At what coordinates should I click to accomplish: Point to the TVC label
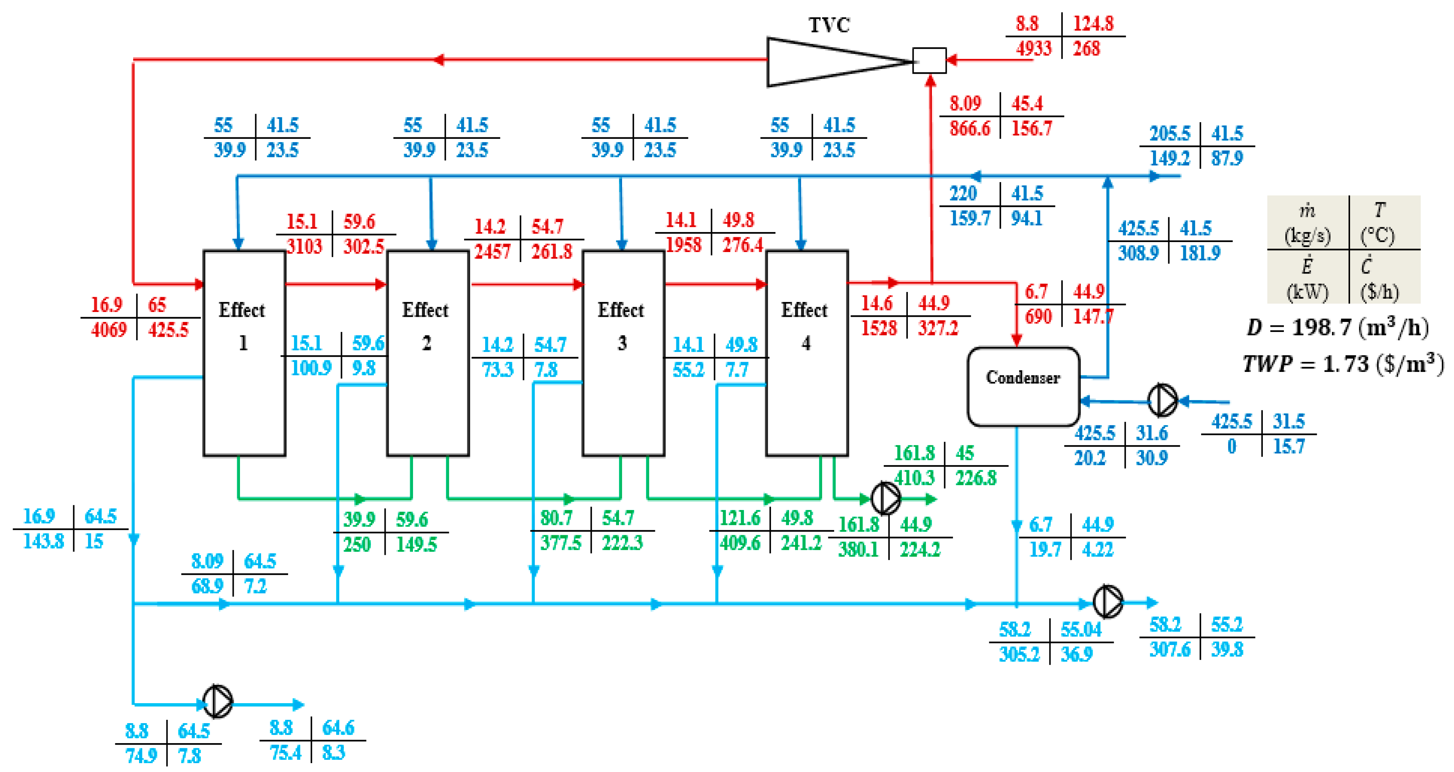point(829,25)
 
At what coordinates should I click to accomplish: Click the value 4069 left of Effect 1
point(109,330)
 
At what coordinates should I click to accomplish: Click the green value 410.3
point(914,478)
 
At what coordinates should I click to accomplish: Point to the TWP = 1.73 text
point(1343,364)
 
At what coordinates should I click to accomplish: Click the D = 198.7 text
point(1337,328)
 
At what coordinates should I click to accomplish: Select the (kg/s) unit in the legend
point(1307,235)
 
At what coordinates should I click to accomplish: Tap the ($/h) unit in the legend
point(1379,292)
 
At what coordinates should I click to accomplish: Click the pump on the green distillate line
point(886,498)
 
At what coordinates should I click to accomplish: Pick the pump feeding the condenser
point(1163,400)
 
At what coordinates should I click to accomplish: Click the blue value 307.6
point(1170,650)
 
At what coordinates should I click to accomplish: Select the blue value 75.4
point(285,753)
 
